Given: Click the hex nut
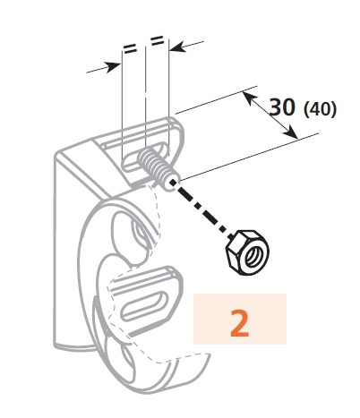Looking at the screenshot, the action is coord(247,252).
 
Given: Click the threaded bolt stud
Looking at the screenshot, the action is coord(159,168).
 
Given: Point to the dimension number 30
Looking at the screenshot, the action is coord(282,107).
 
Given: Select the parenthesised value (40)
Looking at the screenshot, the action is coord(320,109).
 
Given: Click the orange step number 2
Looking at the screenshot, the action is coord(240,323).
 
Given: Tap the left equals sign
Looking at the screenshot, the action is coord(130,48).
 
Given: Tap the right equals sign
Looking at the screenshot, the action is coord(157,40).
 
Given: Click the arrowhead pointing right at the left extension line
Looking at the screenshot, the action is coord(114,66).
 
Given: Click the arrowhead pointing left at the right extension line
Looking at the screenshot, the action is coord(178,47).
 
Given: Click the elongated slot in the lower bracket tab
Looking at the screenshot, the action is coord(144,304).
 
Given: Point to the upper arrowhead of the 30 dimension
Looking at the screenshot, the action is coord(249,98).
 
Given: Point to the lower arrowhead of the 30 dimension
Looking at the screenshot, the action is coord(291,132).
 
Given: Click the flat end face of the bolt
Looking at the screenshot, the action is coord(173,184).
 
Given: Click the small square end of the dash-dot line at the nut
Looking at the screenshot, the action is coord(230,236).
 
